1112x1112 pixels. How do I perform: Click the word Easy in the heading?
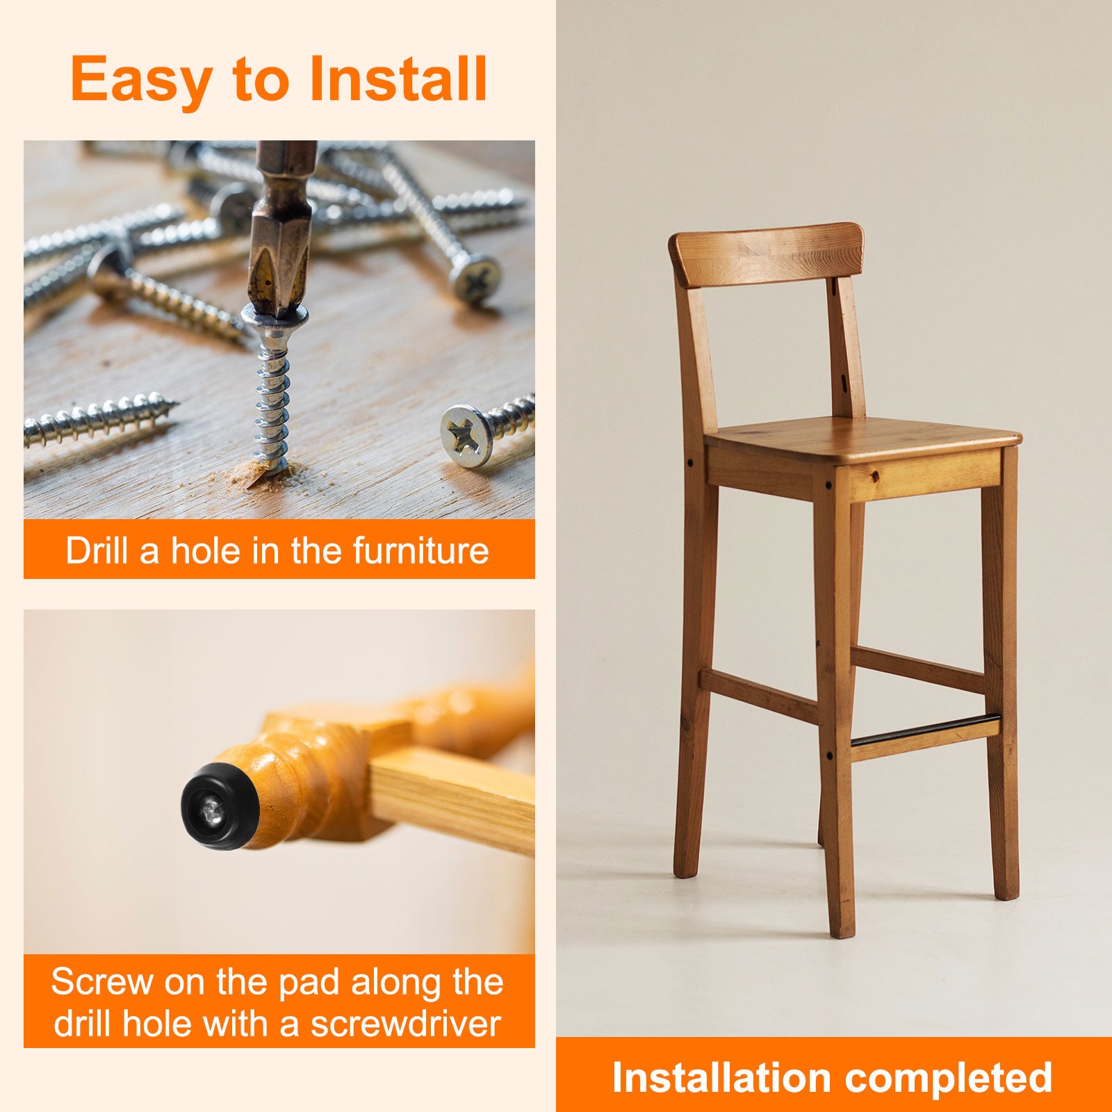(x=141, y=81)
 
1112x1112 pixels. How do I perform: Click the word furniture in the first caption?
(x=420, y=550)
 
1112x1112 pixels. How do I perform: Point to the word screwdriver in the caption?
(x=406, y=1024)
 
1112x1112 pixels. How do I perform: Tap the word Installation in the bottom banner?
(x=721, y=1078)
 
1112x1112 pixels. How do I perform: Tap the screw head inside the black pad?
(x=213, y=808)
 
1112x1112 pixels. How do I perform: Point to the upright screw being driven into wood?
(x=272, y=390)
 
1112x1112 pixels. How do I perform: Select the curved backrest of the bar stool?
(x=766, y=254)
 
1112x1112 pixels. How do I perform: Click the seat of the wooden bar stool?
(x=862, y=439)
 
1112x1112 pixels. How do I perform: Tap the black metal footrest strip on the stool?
(x=926, y=729)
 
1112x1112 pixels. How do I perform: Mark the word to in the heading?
(x=261, y=81)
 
